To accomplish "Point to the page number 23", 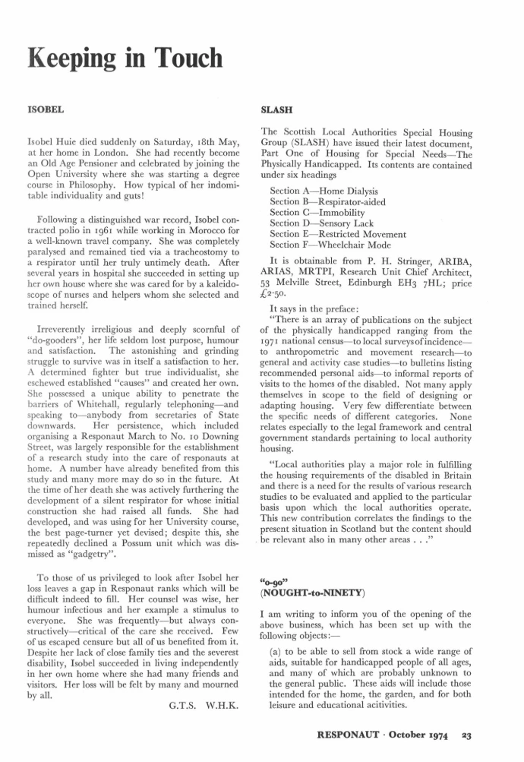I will [x=491, y=735].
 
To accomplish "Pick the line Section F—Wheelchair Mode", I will [x=332, y=245].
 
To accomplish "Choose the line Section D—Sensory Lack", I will [x=324, y=223].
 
